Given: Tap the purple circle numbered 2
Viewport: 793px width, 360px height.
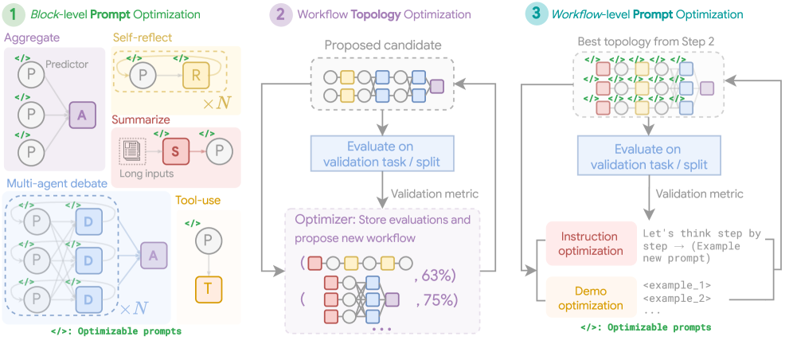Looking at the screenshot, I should [x=280, y=15].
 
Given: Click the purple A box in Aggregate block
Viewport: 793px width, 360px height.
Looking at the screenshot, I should [x=81, y=115].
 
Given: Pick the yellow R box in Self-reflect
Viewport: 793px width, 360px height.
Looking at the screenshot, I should [x=195, y=76].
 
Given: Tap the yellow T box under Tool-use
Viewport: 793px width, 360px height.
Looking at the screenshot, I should [x=209, y=289].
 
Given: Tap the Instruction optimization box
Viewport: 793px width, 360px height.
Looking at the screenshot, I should [x=589, y=244].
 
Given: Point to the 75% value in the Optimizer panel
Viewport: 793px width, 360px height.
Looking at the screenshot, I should [x=434, y=299].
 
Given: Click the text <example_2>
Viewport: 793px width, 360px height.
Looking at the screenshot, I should [x=677, y=299].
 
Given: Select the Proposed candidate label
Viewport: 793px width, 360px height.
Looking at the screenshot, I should [x=383, y=45].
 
